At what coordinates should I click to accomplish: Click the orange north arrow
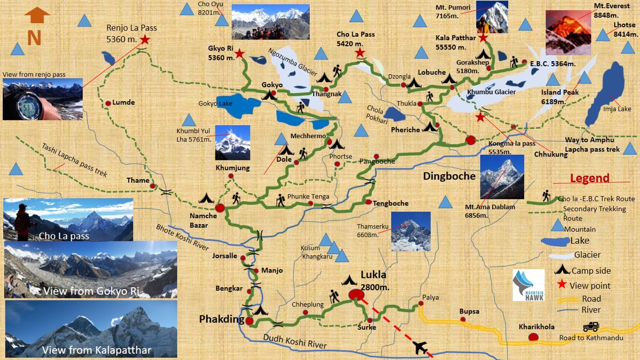click(x=37, y=15)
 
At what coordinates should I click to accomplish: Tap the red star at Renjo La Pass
click(x=145, y=40)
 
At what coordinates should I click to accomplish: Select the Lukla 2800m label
click(x=374, y=280)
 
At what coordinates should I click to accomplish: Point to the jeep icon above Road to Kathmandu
click(x=591, y=327)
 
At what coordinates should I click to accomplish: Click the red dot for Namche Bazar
click(x=220, y=208)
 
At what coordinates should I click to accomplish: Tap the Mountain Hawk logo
click(x=528, y=285)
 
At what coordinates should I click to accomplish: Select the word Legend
click(x=590, y=178)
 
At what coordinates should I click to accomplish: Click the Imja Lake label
click(x=617, y=109)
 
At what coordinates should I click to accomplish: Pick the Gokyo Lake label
click(x=215, y=104)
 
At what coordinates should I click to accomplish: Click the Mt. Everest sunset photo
click(x=568, y=32)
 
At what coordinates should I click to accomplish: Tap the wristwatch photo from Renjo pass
click(x=42, y=99)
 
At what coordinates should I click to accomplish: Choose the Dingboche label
click(x=449, y=176)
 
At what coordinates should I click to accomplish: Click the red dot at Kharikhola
click(x=533, y=337)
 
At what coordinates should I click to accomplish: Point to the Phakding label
click(x=222, y=319)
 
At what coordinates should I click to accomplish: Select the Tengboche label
click(x=390, y=203)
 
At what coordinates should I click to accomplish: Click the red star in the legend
click(x=562, y=284)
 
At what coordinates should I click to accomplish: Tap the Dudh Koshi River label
click(x=295, y=341)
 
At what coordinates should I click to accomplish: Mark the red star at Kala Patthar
click(x=483, y=38)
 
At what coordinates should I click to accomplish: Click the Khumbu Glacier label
click(x=491, y=92)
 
